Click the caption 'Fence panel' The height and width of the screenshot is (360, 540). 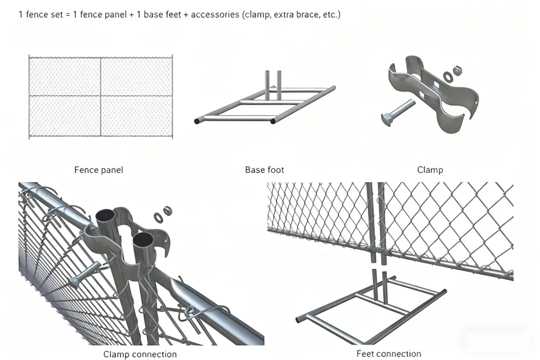coord(99,170)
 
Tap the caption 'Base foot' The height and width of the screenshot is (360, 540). coord(264,170)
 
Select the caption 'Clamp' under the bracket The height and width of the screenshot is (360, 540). coord(430,170)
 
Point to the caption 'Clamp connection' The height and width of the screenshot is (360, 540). coord(140,354)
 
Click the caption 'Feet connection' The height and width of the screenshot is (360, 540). coord(389,354)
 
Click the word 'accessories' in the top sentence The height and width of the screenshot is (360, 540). coord(215,14)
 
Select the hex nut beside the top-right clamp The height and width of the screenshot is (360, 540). coord(457,70)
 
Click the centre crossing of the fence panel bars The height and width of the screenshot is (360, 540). coord(101,96)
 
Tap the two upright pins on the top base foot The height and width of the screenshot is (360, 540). coord(273,85)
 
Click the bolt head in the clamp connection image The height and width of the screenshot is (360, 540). coord(76,281)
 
